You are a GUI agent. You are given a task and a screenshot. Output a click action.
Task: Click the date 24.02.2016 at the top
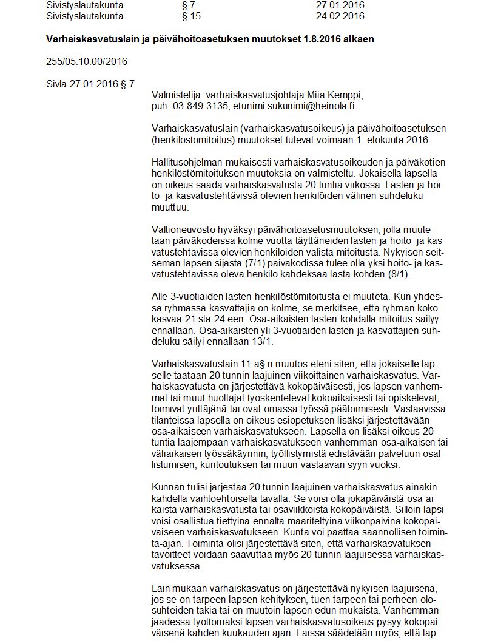click(340, 16)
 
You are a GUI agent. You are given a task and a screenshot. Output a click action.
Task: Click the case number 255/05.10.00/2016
click(87, 61)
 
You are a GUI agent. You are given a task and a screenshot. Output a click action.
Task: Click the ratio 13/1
click(263, 341)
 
